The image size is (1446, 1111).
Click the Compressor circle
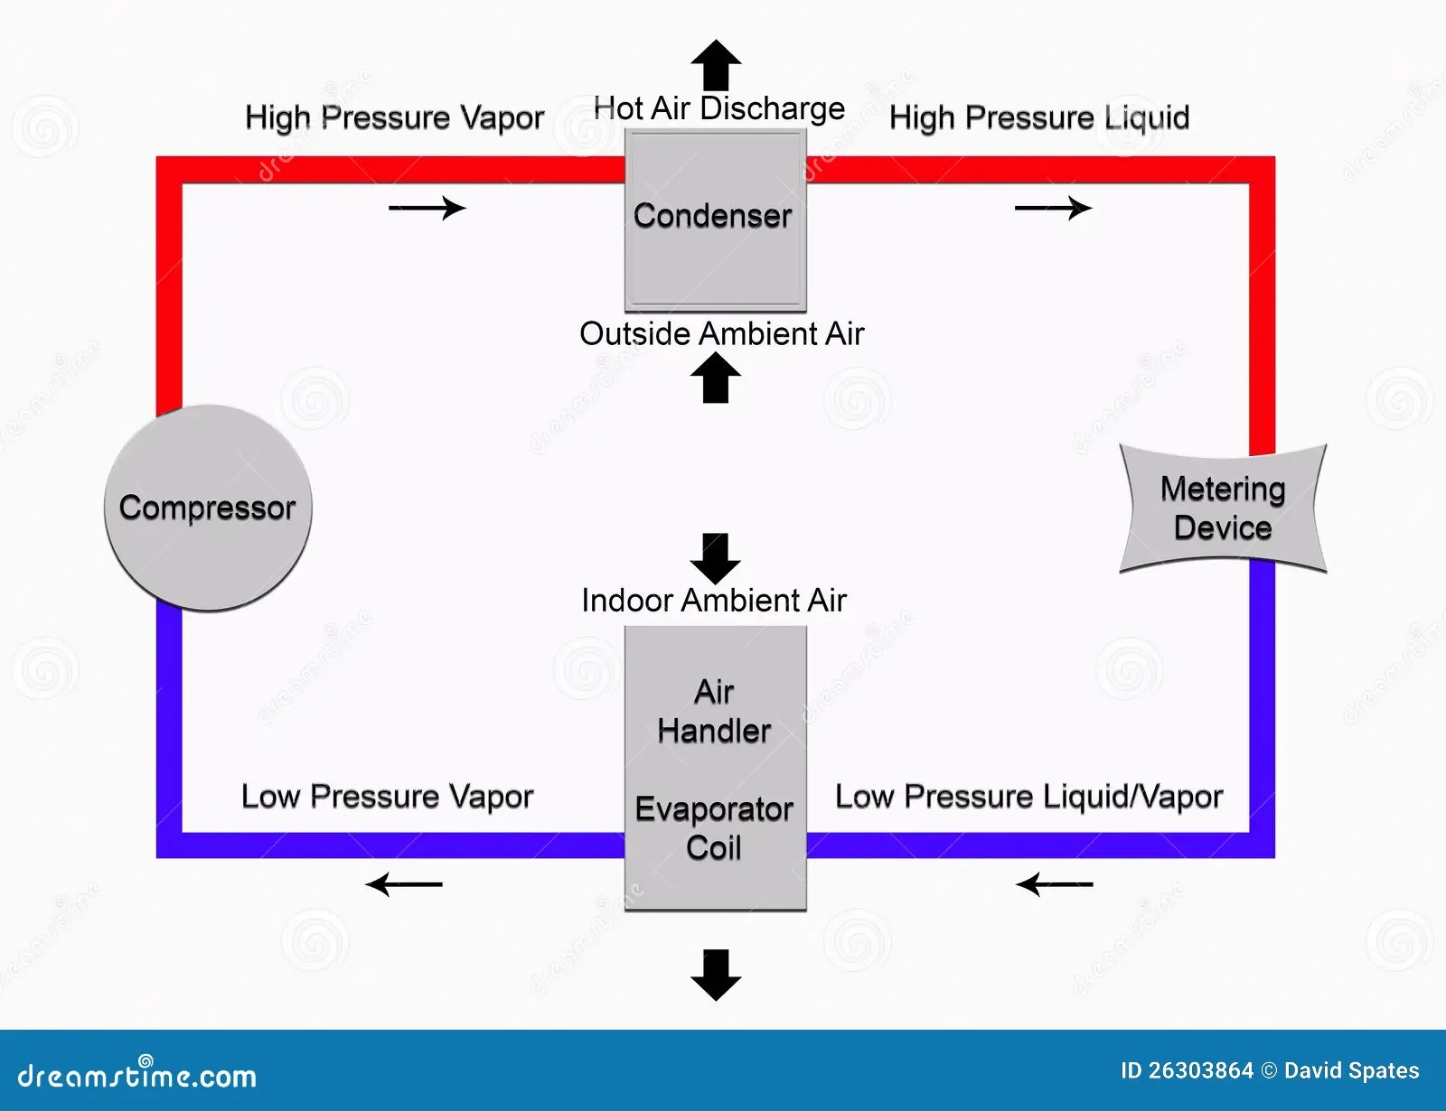[208, 508]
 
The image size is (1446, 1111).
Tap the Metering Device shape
[1223, 509]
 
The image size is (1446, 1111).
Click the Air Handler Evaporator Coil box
[715, 768]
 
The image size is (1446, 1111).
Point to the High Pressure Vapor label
[394, 117]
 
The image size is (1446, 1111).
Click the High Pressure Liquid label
[1039, 117]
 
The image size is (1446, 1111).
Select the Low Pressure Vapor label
[387, 797]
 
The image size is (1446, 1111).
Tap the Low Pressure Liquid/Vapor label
[1028, 797]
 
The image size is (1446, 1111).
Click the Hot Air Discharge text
[719, 108]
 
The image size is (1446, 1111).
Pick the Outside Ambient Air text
[721, 333]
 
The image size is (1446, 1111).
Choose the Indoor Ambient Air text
[714, 600]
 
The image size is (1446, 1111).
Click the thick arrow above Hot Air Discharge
[716, 65]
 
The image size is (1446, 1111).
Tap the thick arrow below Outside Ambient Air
[716, 378]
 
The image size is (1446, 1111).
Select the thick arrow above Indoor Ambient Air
[716, 558]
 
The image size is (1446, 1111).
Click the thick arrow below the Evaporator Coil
[716, 975]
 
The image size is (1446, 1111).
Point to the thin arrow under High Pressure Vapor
[427, 209]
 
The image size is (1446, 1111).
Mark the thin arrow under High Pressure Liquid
[1053, 209]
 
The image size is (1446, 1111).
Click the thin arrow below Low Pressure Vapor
[405, 883]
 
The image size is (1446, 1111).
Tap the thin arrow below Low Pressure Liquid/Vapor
[1055, 883]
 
